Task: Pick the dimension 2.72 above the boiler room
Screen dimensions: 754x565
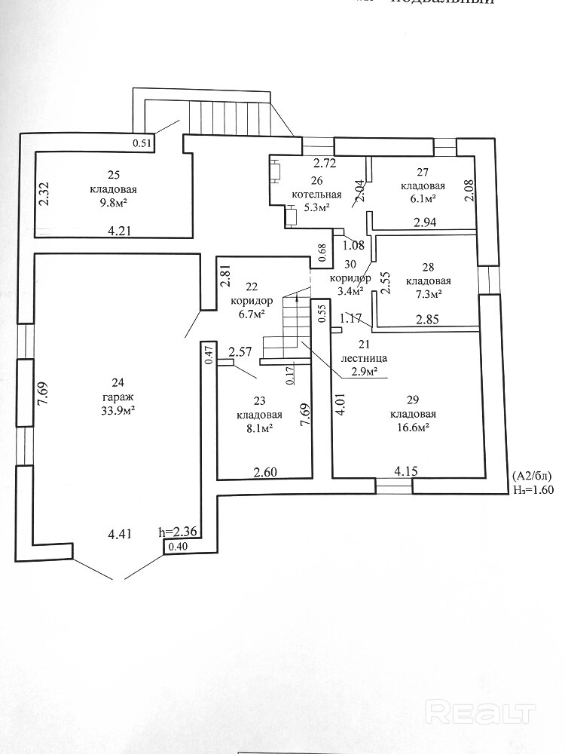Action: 325,163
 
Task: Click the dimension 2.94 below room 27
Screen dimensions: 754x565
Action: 426,222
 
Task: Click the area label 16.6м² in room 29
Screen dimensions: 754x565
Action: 410,427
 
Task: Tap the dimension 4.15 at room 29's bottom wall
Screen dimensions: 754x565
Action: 407,471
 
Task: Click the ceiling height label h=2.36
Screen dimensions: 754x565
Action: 178,531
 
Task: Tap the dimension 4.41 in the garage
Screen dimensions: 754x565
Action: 121,534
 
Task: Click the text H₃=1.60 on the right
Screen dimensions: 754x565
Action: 533,489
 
